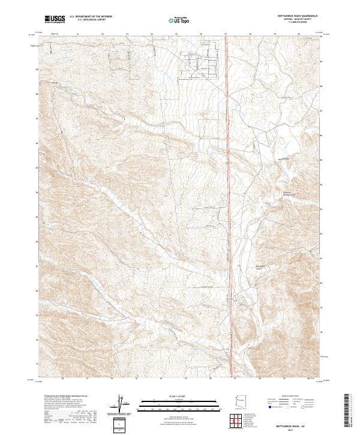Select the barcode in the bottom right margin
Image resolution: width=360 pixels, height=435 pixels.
pos(347,411)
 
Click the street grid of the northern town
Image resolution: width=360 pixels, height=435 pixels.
pos(201,57)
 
